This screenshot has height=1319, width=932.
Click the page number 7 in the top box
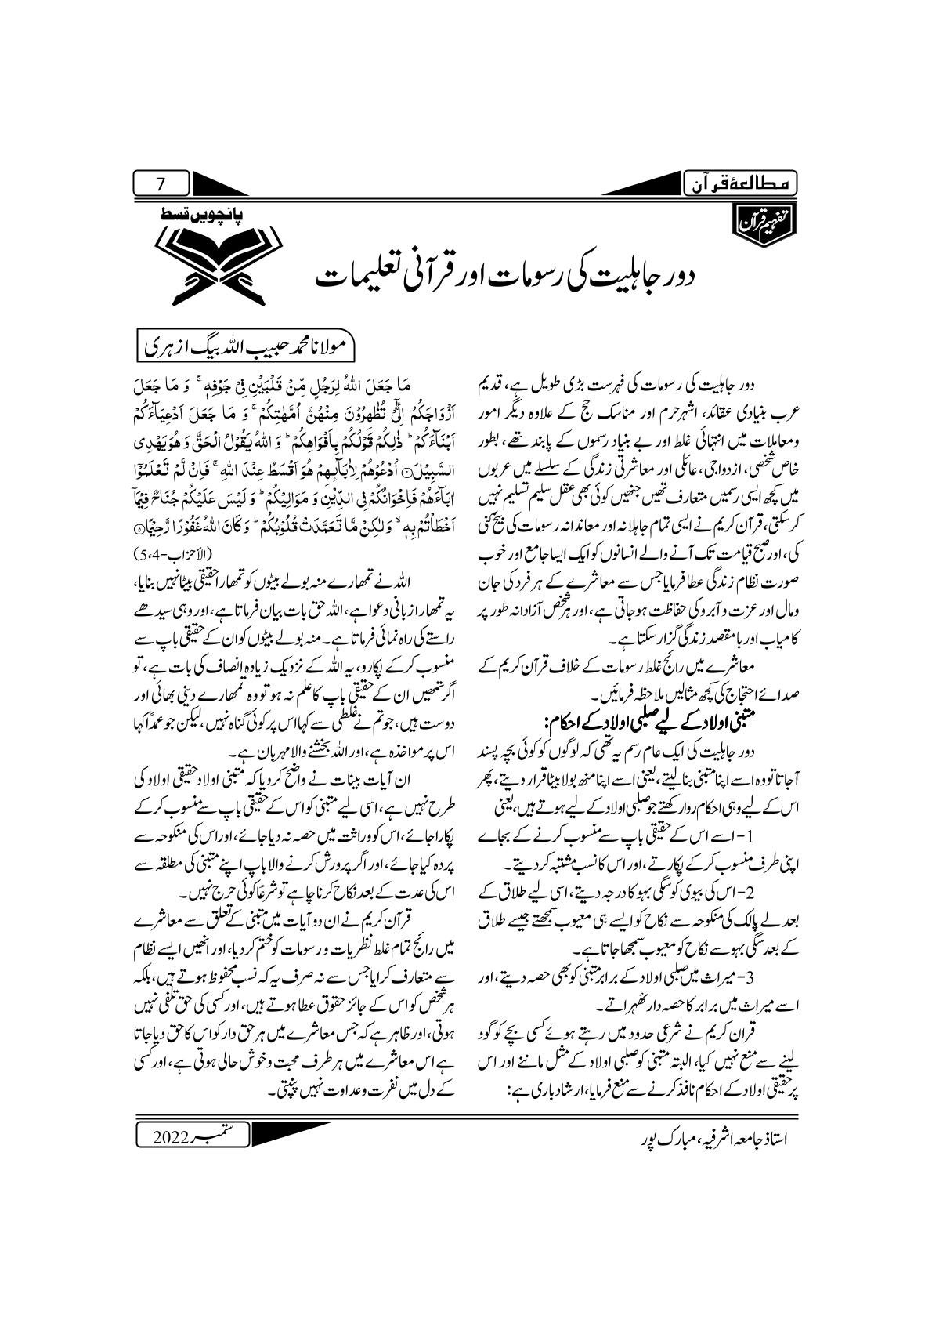(x=161, y=185)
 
